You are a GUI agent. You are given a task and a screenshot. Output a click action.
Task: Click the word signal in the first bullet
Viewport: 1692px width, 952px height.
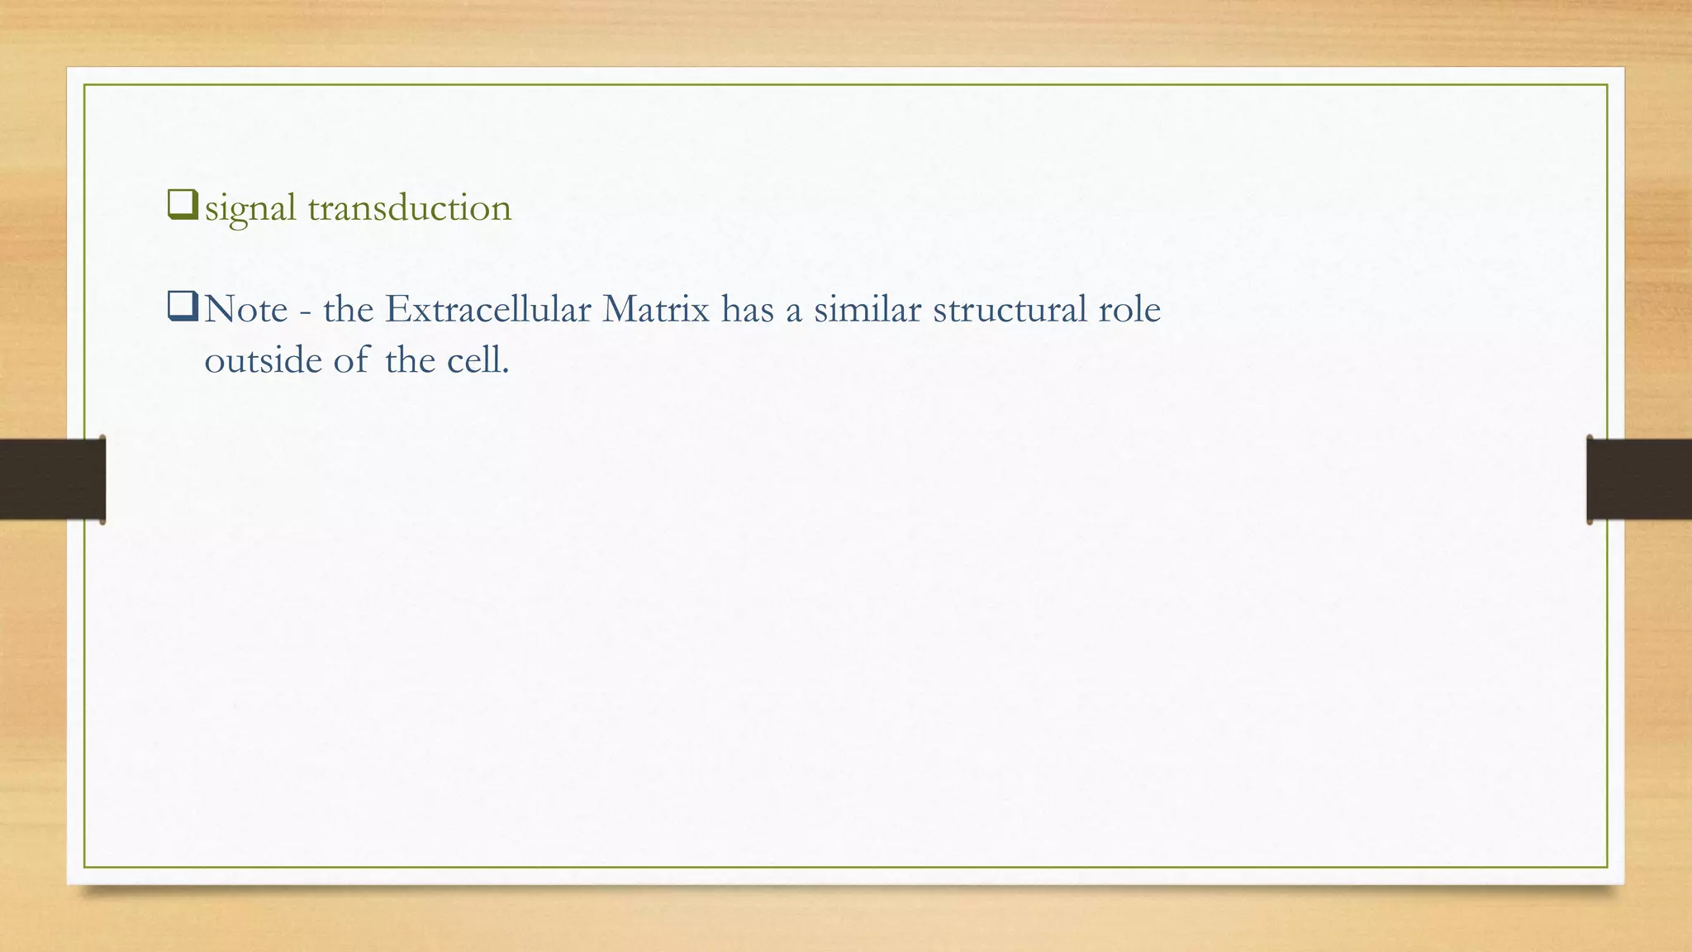(x=250, y=208)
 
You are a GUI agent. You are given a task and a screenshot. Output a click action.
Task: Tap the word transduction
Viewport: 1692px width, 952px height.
(x=410, y=207)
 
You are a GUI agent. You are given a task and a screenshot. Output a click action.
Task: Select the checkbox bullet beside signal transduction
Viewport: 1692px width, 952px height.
(x=183, y=204)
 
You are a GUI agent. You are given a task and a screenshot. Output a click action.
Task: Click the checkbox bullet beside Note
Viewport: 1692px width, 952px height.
(x=183, y=307)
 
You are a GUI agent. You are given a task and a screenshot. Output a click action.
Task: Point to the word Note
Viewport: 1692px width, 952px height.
(x=246, y=310)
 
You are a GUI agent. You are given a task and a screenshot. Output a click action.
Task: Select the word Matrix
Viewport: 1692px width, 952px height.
(x=656, y=310)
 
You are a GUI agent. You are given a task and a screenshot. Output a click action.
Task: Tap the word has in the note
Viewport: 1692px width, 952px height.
(x=748, y=310)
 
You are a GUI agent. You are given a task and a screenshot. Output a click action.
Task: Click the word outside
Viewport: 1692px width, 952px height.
(x=263, y=360)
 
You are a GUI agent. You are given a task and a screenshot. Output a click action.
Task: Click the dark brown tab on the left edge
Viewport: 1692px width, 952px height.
(x=52, y=479)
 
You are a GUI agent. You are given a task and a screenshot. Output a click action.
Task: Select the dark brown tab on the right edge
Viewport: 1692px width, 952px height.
(x=1639, y=479)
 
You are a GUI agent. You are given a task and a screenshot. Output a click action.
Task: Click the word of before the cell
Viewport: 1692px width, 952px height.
(x=351, y=360)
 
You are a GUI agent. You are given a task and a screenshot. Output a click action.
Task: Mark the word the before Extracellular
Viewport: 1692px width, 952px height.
(x=348, y=310)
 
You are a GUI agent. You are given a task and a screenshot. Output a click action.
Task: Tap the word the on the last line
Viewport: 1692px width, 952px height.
(x=410, y=360)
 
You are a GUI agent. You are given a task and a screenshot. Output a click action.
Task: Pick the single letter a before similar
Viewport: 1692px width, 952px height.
(x=793, y=312)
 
